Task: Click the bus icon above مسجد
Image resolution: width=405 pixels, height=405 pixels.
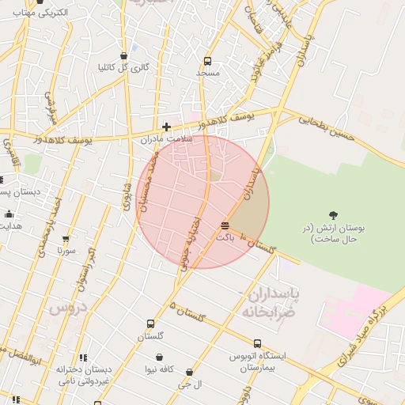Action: pos(207,61)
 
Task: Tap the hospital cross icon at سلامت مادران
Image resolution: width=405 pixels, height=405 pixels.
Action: pos(166,127)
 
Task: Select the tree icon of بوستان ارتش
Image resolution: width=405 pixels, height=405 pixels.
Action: pos(333,214)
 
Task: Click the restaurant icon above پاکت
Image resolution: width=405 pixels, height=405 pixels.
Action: pos(225,225)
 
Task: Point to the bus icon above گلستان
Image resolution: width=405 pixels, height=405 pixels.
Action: pos(150,324)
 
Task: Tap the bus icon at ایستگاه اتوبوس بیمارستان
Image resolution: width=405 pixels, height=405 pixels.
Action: pos(235,356)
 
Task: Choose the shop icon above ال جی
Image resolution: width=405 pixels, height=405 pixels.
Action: pos(189,372)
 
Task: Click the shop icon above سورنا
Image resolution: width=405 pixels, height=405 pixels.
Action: pos(66,238)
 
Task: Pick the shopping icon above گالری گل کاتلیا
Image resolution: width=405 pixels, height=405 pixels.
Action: pos(123,55)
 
